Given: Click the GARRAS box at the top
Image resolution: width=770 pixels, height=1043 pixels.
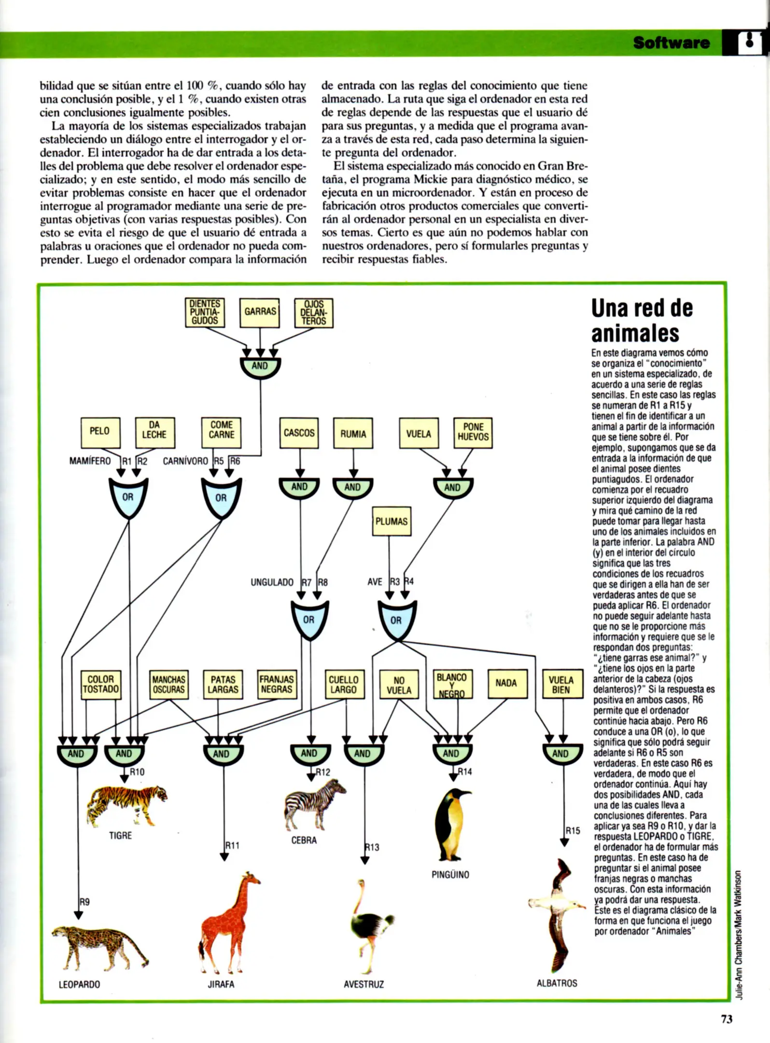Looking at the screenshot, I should point(260,312).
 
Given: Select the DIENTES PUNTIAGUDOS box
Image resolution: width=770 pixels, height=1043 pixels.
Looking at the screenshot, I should point(205,312).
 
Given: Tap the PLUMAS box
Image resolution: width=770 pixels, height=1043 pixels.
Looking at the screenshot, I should point(391,521).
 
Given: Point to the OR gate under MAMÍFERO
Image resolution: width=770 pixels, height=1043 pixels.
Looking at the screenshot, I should point(128,497).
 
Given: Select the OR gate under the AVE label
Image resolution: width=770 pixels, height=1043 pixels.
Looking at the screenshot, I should point(396,620).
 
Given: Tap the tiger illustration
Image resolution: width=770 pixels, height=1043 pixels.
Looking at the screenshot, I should point(126,803).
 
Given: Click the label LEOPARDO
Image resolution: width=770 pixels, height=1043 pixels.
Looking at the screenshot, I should point(79,984).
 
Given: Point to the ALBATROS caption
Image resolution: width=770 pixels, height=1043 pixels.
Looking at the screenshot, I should point(557,983).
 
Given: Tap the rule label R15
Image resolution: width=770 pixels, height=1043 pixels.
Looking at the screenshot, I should point(573,831).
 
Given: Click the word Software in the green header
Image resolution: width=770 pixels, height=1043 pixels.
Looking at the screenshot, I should point(671,43).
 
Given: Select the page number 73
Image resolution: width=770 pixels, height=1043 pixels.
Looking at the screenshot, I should point(727,1019).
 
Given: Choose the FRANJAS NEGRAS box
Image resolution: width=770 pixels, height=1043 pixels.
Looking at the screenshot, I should point(277,684).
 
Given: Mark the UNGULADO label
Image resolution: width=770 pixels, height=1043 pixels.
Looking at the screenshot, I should point(272,582).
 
